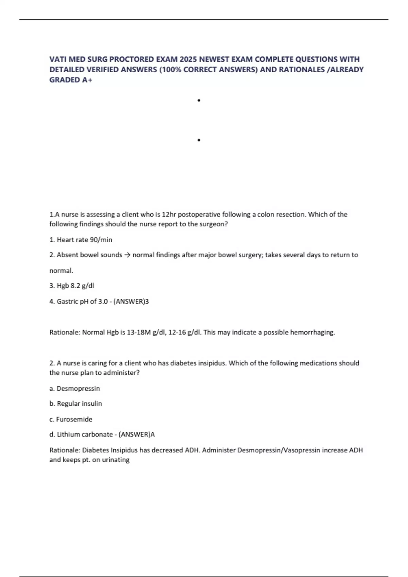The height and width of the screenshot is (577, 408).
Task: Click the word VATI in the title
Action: click(x=58, y=59)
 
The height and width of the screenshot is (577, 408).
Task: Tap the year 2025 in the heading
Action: click(x=188, y=59)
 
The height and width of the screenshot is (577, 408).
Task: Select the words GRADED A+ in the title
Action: click(x=71, y=80)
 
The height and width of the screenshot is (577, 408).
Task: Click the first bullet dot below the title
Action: click(x=199, y=100)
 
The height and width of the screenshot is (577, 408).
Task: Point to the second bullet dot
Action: click(x=199, y=140)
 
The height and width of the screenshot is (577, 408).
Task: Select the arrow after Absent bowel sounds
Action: click(x=127, y=255)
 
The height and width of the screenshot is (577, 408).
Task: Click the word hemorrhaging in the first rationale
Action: click(x=313, y=332)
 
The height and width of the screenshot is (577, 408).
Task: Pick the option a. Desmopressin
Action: click(x=75, y=388)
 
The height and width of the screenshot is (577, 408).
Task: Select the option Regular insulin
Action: click(x=79, y=404)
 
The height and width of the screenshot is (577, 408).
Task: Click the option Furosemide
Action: click(x=74, y=419)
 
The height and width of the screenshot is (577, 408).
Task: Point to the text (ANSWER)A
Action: click(x=137, y=434)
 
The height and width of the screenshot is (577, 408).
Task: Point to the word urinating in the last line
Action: click(x=116, y=460)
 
